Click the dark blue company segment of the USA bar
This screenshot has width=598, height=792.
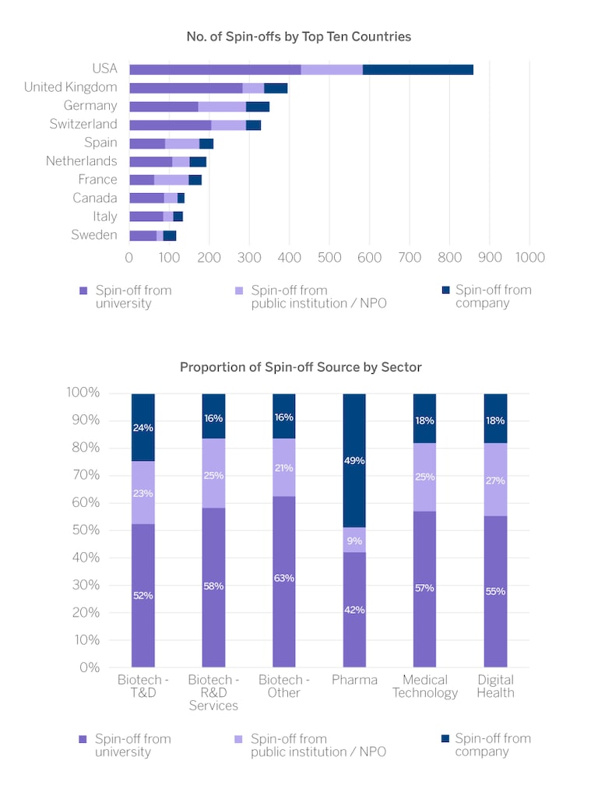pos(417,69)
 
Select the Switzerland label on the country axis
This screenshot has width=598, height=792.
pos(83,124)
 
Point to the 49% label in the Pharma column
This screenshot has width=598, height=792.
pos(354,460)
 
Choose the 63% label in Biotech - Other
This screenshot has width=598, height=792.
pos(284,578)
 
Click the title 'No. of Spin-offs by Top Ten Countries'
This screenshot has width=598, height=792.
pos(299,37)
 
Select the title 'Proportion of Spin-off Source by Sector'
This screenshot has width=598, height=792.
pos(301,367)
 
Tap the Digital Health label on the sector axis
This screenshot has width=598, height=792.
pos(495,686)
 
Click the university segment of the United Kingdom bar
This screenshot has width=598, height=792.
pos(185,87)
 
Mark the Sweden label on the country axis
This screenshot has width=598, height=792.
pos(94,235)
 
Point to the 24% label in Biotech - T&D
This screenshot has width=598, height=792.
pos(143,428)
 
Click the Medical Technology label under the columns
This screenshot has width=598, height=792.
pos(425,686)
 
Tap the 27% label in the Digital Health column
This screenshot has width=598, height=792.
pos(495,480)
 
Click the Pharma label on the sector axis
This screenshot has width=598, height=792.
pos(354,680)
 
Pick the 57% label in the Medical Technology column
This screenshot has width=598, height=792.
pos(424,588)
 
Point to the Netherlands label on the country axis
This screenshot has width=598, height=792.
pos(82,161)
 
